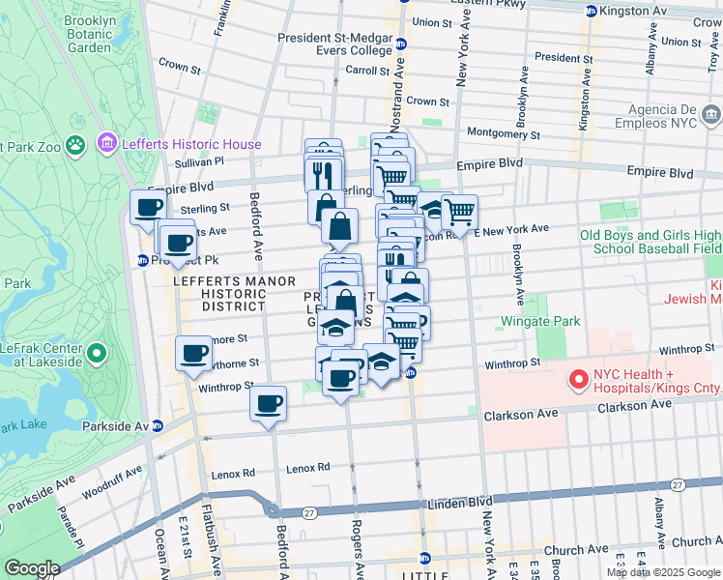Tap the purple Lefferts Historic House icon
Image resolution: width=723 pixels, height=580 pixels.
[x=105, y=144]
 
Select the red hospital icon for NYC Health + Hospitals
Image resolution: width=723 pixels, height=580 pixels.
[x=579, y=379]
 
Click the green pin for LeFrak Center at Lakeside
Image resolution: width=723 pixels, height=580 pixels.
[x=96, y=354]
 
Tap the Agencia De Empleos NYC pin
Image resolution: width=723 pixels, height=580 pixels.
[x=710, y=116]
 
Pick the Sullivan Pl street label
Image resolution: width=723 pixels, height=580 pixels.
[x=199, y=162]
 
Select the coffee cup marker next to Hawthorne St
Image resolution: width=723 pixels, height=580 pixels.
[x=193, y=353]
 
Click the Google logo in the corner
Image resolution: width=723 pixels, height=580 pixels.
[x=31, y=568]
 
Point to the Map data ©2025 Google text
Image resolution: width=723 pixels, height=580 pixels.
[x=664, y=571]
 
